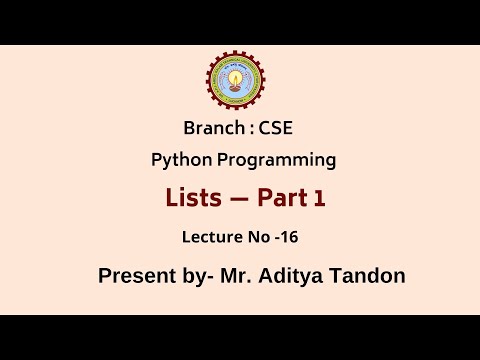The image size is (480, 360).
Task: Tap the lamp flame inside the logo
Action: (x=238, y=76)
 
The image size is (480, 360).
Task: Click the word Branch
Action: (x=212, y=129)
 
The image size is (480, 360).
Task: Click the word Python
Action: (x=176, y=159)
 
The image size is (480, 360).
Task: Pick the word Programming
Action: (x=272, y=159)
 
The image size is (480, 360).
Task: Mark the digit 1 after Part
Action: (x=319, y=200)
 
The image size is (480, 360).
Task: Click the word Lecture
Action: (x=208, y=238)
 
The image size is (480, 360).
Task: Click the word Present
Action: (x=134, y=276)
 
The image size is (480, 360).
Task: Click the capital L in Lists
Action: (x=171, y=199)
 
